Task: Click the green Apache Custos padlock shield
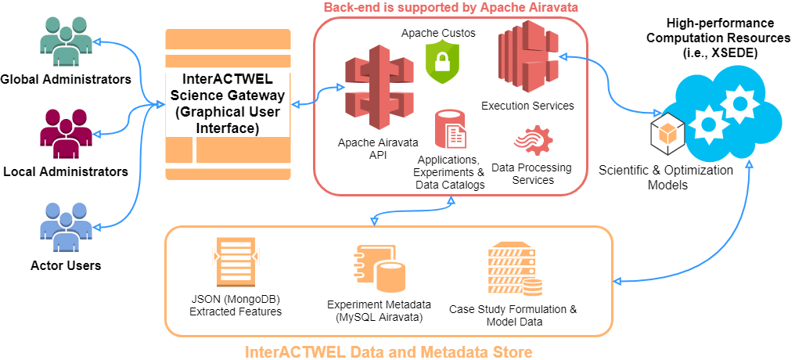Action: pos(440,62)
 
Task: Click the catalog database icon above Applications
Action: pos(450,129)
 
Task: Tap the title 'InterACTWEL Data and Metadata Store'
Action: pos(388,352)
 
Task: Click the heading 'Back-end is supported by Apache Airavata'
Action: pos(451,9)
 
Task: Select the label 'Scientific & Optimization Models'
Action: pos(665,177)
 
